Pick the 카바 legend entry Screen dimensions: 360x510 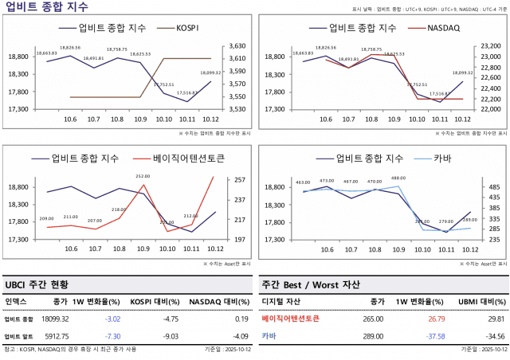pos(442,158)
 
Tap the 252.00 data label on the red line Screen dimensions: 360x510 pos(143,176)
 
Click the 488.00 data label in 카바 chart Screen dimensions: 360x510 pos(398,178)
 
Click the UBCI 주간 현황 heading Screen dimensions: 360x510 pos(37,284)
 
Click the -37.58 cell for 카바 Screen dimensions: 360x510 pos(434,336)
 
